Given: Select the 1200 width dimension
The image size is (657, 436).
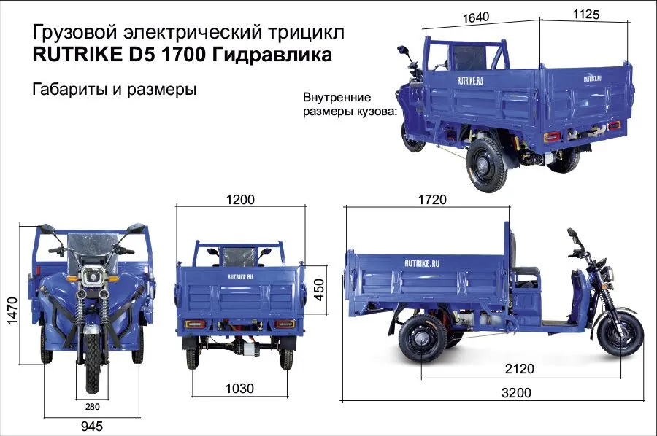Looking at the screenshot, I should [239, 200].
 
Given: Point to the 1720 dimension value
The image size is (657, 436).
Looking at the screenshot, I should [432, 200].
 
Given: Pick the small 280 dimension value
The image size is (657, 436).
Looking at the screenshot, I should [92, 407].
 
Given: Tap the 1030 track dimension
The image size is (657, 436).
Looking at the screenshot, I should [239, 388].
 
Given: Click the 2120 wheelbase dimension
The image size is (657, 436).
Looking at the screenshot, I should [519, 369].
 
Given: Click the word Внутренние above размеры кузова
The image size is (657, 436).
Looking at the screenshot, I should [337, 98].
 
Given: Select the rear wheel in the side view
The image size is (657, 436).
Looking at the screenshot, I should [421, 339].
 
